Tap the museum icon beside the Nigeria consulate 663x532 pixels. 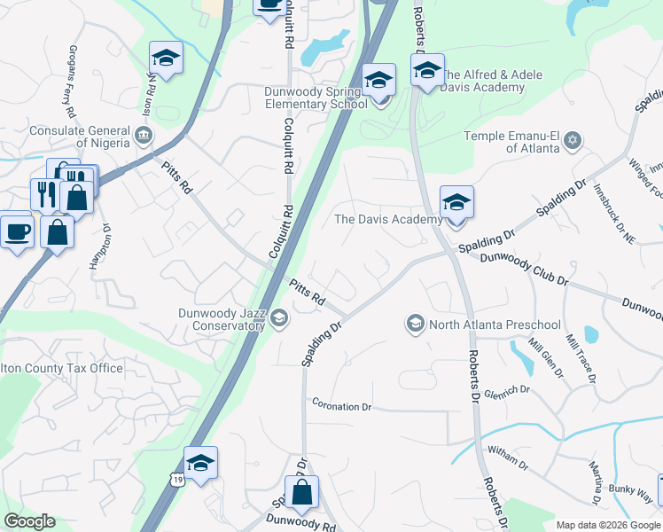tap(143, 137)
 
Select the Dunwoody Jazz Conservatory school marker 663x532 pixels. tap(279, 318)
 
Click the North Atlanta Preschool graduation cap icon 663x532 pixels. tap(414, 324)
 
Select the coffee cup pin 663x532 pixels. tap(16, 231)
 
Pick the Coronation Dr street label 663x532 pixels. tap(341, 405)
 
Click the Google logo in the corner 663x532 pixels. tap(28, 521)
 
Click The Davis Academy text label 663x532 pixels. tap(387, 219)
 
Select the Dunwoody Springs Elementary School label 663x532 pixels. tap(316, 98)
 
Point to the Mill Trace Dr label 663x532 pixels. tap(581, 359)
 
